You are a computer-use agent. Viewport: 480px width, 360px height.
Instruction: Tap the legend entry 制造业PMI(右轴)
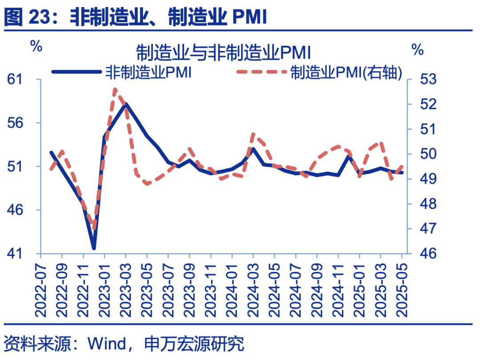coord(346,72)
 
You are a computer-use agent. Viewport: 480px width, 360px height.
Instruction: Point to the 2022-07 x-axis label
coord(41,288)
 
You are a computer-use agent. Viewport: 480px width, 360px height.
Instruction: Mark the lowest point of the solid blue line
coord(94,248)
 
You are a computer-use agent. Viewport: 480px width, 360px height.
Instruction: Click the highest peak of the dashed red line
coord(115,89)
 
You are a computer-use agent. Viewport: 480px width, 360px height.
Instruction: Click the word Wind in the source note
coord(106,344)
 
